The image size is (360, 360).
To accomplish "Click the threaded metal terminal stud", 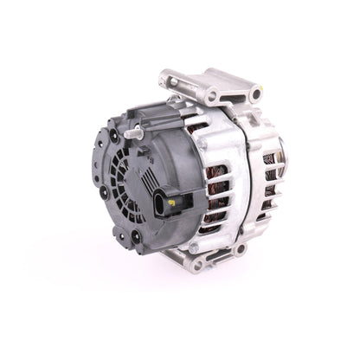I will coord(136,133).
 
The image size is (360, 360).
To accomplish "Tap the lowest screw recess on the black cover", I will coord(136,235).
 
